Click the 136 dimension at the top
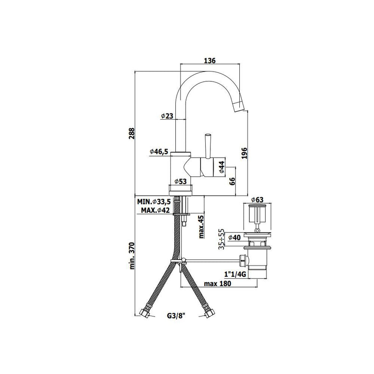click(209, 61)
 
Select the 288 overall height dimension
click(132, 134)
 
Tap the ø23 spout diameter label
click(166, 116)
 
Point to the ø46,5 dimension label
click(159, 151)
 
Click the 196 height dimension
click(244, 153)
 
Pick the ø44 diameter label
click(221, 167)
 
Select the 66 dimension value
click(232, 181)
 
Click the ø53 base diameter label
click(180, 181)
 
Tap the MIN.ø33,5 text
click(154, 202)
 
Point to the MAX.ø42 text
click(155, 210)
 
